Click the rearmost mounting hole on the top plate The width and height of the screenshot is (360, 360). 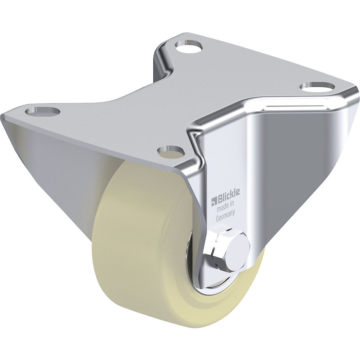point(188,47)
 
